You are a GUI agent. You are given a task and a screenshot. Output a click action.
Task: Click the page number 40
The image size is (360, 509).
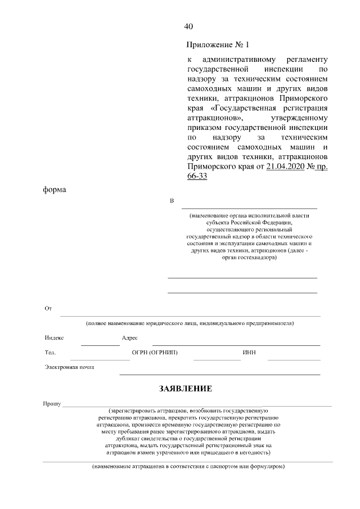pyautogui.click(x=188, y=26)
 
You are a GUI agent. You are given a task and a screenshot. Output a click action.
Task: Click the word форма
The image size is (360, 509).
pyautogui.click(x=55, y=190)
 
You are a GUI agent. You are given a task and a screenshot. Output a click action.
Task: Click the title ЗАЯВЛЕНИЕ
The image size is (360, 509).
pyautogui.click(x=185, y=388)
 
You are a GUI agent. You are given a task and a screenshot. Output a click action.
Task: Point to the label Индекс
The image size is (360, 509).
pyautogui.click(x=54, y=338)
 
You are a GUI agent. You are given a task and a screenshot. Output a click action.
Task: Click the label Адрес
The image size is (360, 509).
pyautogui.click(x=129, y=338)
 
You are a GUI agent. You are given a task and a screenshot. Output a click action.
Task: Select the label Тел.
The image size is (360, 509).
pyautogui.click(x=50, y=353)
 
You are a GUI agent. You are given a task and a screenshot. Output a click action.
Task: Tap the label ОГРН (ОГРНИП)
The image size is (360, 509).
pyautogui.click(x=154, y=353)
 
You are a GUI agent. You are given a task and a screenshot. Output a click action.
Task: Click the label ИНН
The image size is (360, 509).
pyautogui.click(x=250, y=353)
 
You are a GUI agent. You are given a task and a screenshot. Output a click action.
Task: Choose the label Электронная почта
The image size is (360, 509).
pyautogui.click(x=69, y=367)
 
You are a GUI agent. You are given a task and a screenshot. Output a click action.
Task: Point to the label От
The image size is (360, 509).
pyautogui.click(x=48, y=309)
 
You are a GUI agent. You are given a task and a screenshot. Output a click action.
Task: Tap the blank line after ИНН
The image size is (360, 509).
pyautogui.click(x=294, y=359)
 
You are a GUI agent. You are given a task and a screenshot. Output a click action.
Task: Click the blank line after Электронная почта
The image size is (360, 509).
pyautogui.click(x=219, y=373)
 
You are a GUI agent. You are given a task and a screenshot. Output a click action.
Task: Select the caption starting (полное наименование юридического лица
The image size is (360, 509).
pyautogui.click(x=190, y=323)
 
